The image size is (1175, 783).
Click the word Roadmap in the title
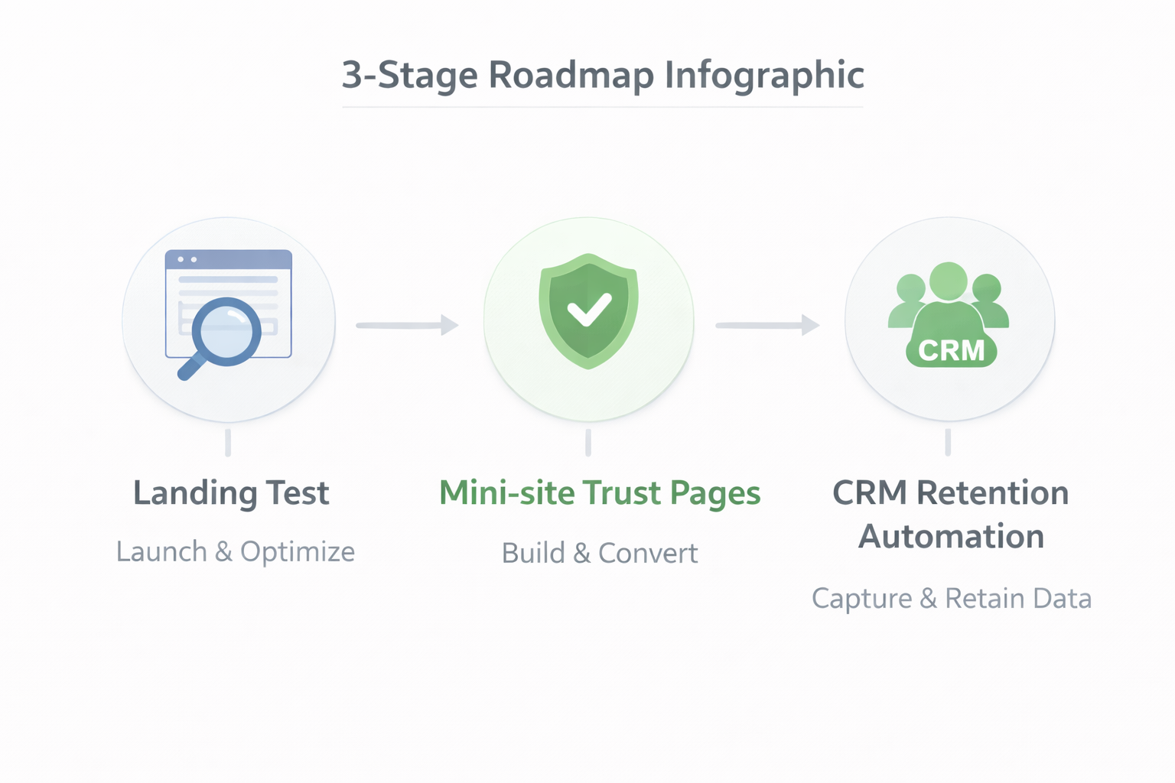pos(571,75)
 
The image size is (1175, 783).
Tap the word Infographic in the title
pos(764,75)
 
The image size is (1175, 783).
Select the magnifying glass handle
pos(190,367)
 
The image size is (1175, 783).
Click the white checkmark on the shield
pos(588,310)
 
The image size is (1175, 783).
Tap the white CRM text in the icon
pos(951,351)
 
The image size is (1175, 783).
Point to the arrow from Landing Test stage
pos(407,325)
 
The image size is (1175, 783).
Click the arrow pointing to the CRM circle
pos(767,325)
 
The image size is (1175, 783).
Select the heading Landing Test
pos(231,493)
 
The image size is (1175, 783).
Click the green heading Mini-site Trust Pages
pos(600,493)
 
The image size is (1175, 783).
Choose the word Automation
pos(951,537)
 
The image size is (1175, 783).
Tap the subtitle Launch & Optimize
pos(236,551)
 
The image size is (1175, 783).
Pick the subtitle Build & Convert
pos(600,553)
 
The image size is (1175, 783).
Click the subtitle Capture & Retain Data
pos(951,598)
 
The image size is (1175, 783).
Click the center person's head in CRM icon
pos(949,281)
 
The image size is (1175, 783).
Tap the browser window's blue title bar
pos(229,260)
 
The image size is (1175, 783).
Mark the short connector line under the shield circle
pos(587,442)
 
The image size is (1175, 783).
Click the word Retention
pos(992,493)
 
